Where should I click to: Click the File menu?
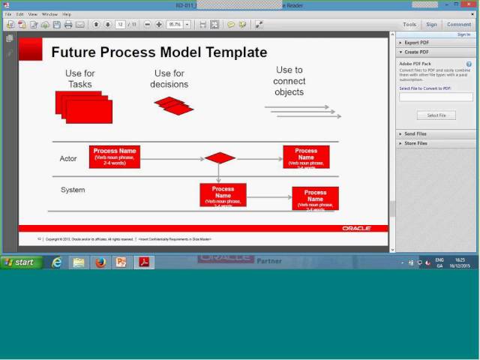[8, 14]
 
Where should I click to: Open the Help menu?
[67, 14]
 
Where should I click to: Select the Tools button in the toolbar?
[409, 25]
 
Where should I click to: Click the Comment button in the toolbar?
[459, 25]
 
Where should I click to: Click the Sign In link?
[463, 34]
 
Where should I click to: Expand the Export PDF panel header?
[416, 43]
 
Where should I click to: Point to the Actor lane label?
[68, 159]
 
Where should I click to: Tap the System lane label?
[73, 190]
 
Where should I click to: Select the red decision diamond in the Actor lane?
[220, 158]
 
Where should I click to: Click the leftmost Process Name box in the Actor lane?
[115, 157]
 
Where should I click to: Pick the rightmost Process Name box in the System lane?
[315, 199]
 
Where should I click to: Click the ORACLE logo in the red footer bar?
[356, 228]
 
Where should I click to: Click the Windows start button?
[21, 262]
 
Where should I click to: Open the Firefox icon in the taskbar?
[100, 262]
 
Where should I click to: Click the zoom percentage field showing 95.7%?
[175, 25]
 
